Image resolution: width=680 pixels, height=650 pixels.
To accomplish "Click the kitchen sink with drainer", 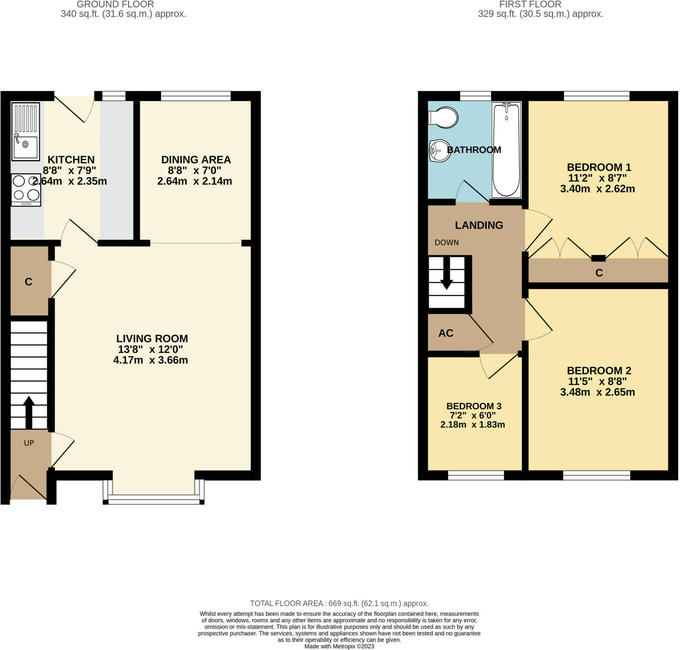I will [26, 131].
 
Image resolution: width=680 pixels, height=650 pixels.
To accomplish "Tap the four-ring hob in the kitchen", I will [26, 190].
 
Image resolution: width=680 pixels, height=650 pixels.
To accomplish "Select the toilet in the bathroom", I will [444, 118].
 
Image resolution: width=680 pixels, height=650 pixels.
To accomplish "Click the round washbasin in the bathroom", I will [440, 151].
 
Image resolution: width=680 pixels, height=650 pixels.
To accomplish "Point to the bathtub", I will [506, 150].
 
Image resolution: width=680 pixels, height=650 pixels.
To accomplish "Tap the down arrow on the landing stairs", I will [446, 274].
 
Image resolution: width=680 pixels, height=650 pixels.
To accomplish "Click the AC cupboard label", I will [446, 333].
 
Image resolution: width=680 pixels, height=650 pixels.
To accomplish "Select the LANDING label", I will [479, 225].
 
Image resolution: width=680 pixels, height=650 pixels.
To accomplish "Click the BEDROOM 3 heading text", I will [473, 406].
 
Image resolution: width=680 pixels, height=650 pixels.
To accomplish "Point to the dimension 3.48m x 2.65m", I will [597, 392].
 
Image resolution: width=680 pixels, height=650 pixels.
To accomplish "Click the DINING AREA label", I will [196, 160].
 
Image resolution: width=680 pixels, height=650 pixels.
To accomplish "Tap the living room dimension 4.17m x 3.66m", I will [150, 360].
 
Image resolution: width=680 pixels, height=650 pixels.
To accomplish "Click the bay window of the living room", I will [153, 499].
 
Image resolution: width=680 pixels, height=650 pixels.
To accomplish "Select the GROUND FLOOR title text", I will [115, 5].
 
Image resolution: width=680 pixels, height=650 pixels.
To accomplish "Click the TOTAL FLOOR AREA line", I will [339, 603].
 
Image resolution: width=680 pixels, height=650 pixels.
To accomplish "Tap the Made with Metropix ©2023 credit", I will [339, 646].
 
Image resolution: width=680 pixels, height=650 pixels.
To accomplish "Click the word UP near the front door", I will [29, 443].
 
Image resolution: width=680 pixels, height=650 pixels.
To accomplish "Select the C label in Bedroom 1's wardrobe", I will [599, 273].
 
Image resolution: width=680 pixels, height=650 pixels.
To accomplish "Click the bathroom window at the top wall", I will [475, 96].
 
